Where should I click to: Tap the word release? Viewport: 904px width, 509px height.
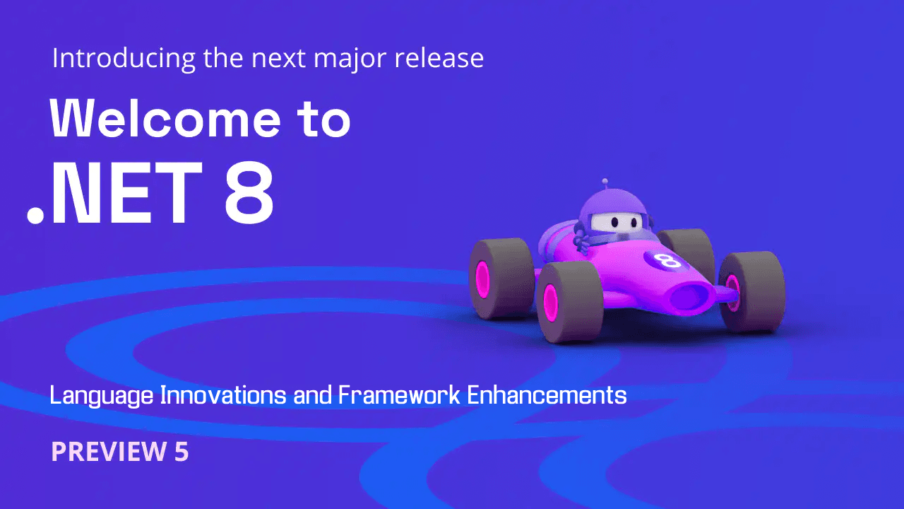pyautogui.click(x=439, y=59)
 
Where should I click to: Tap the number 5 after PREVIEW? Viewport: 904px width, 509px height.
pyautogui.click(x=181, y=452)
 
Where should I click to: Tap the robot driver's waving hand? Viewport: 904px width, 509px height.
pyautogui.click(x=583, y=237)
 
